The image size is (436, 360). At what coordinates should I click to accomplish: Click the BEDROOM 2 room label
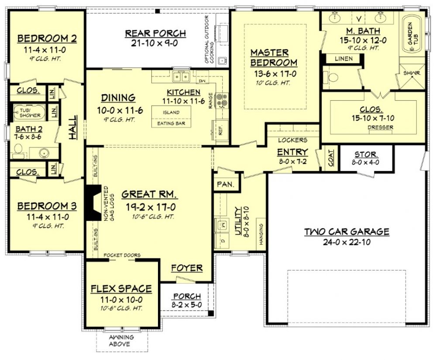pyautogui.click(x=47, y=38)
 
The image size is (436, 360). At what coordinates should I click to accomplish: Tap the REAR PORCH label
pyautogui.click(x=155, y=33)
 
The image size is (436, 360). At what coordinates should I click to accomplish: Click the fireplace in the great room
pyautogui.click(x=93, y=202)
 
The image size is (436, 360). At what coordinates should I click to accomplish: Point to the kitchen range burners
pyautogui.click(x=222, y=100)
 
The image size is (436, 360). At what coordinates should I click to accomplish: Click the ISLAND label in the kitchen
pyautogui.click(x=171, y=112)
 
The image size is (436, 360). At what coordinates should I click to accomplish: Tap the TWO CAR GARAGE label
pyautogui.click(x=347, y=232)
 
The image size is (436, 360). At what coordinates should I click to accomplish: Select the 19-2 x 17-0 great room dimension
pyautogui.click(x=151, y=207)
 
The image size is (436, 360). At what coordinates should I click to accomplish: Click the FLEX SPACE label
pyautogui.click(x=121, y=289)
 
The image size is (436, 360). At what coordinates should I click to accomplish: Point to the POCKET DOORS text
pyautogui.click(x=122, y=255)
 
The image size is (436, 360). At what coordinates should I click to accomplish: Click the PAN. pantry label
pyautogui.click(x=226, y=184)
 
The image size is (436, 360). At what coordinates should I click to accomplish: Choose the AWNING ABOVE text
pyautogui.click(x=121, y=340)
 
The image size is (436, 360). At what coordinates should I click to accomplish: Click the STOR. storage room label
pyautogui.click(x=366, y=154)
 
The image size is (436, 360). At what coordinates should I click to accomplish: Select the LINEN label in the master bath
pyautogui.click(x=343, y=58)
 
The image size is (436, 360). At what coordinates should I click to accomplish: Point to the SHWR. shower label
pyautogui.click(x=412, y=73)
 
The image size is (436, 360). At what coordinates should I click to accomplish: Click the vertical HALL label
pyautogui.click(x=72, y=127)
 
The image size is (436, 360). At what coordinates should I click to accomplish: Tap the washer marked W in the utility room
pyautogui.click(x=223, y=224)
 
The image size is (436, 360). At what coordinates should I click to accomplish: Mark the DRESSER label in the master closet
pyautogui.click(x=381, y=127)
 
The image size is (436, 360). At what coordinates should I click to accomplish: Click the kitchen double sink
pyautogui.click(x=181, y=76)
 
